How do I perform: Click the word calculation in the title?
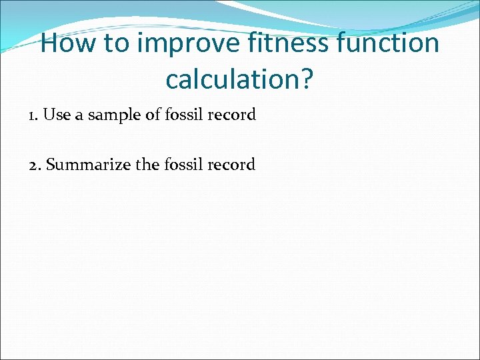click(x=233, y=79)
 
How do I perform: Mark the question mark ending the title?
click(x=307, y=79)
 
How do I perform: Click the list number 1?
click(x=33, y=115)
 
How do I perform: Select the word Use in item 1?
click(x=57, y=115)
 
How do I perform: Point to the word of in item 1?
click(x=153, y=115)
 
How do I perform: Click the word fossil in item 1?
click(x=185, y=115)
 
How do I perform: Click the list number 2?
click(x=34, y=165)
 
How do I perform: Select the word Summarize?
click(x=89, y=165)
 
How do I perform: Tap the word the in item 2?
click(x=147, y=165)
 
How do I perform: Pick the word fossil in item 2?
click(x=184, y=165)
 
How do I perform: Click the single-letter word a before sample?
click(x=78, y=116)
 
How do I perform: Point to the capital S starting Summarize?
click(x=51, y=165)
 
